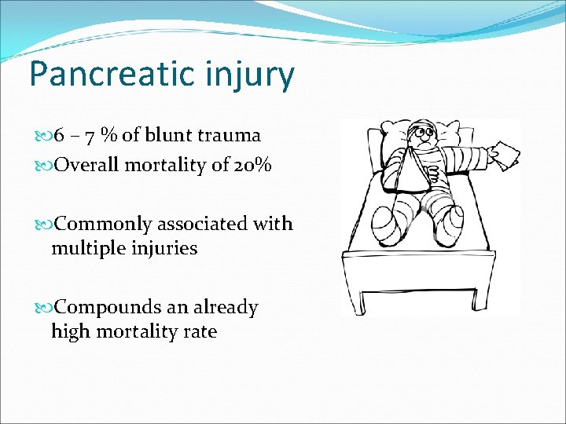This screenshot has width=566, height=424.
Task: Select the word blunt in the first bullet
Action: (x=172, y=136)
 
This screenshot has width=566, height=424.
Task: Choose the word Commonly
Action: (x=104, y=224)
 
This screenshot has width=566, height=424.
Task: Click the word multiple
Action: (x=84, y=249)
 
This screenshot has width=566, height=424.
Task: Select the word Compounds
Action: (x=109, y=307)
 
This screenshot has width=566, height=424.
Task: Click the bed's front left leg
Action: (x=364, y=299)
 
